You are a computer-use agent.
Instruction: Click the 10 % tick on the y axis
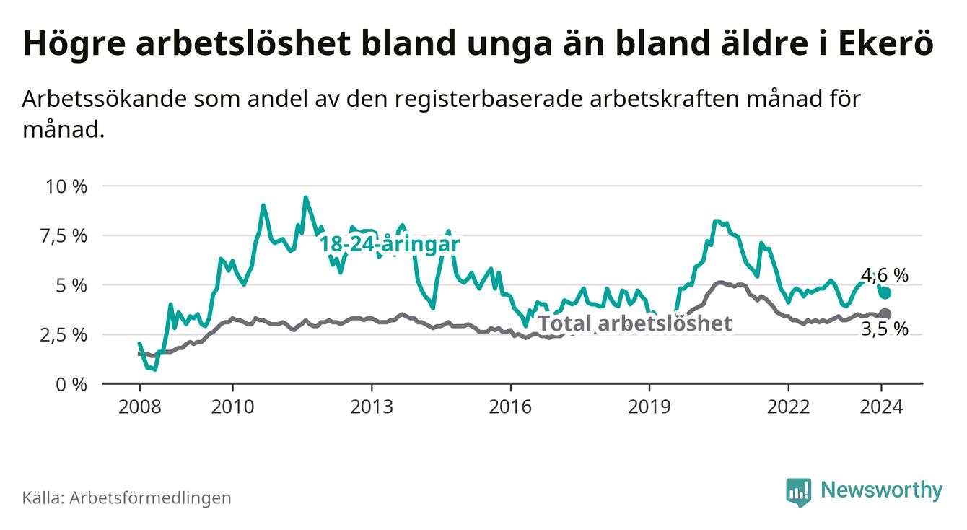point(66,186)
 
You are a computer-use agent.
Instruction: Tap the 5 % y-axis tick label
point(72,285)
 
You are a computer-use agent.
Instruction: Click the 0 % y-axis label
point(72,384)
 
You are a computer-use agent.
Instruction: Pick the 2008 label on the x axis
point(139,407)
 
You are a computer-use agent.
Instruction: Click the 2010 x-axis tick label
point(232,407)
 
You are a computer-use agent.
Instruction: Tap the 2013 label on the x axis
point(371,407)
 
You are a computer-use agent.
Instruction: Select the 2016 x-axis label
point(510,407)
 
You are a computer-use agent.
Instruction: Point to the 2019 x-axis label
point(649,407)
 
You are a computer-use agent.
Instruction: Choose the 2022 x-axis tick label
point(788,407)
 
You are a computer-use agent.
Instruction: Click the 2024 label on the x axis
point(881,407)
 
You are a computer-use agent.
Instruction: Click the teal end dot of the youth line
point(885,292)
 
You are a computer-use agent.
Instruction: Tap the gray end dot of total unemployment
point(885,314)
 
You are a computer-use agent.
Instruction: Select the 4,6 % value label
point(885,275)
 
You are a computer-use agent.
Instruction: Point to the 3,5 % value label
point(885,330)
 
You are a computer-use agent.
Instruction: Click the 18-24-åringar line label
point(390,244)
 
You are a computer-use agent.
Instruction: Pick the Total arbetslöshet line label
point(635,323)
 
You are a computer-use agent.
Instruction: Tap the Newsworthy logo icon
point(798,492)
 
